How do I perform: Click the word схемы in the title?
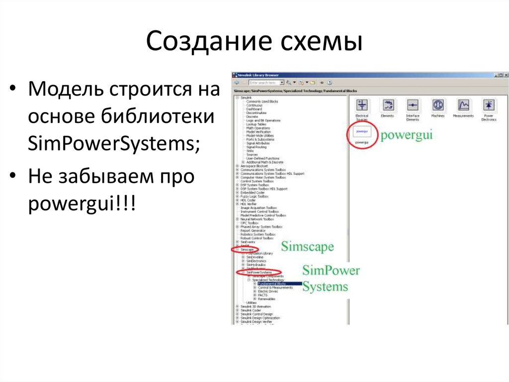click(x=319, y=42)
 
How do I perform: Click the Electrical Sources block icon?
click(x=362, y=106)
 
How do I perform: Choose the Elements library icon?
click(x=387, y=106)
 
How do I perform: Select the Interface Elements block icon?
click(x=413, y=106)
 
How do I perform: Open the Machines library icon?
click(x=438, y=106)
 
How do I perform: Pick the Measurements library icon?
click(x=463, y=106)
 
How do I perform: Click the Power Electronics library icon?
click(x=489, y=106)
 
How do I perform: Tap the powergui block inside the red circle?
click(x=362, y=132)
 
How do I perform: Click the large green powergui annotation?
click(x=407, y=136)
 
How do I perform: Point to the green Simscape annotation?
click(x=307, y=246)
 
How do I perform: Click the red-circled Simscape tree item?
click(x=247, y=249)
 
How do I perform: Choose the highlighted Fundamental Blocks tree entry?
click(x=272, y=284)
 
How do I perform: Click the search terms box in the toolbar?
click(x=264, y=82)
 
